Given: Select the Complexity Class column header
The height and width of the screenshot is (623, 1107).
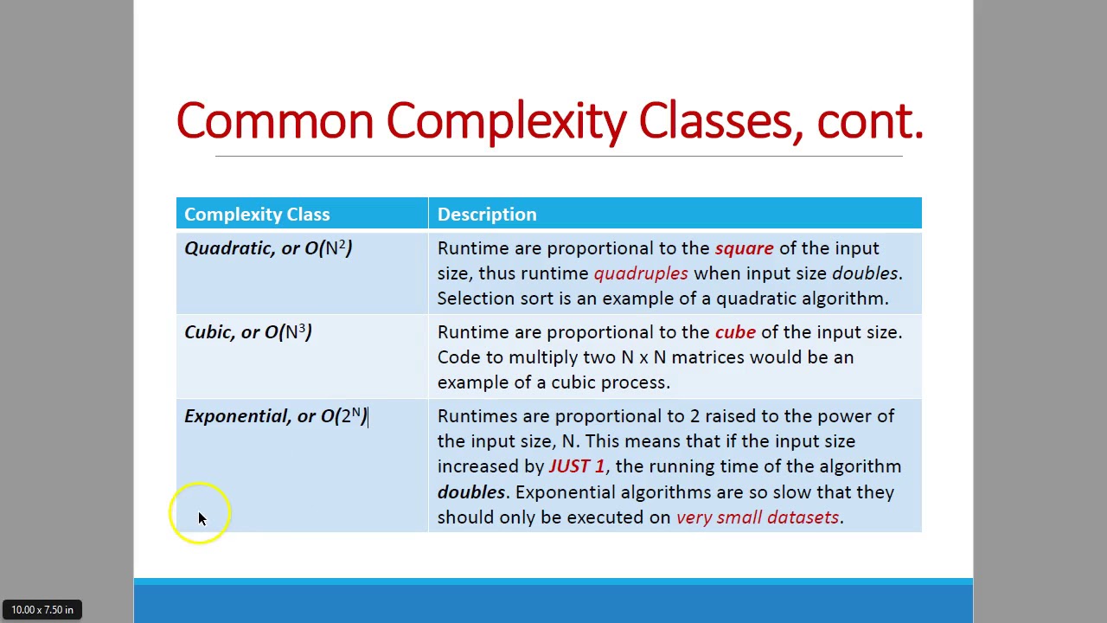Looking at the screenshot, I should (257, 215).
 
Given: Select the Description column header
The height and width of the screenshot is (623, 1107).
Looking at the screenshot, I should (487, 215).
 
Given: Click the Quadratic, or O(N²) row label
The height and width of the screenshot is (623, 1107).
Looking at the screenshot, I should (268, 248).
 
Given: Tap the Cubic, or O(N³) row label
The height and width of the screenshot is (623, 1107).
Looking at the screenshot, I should (248, 332).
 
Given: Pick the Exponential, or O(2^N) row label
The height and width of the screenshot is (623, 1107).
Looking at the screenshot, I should (275, 416).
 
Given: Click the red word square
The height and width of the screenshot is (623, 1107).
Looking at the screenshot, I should (744, 248).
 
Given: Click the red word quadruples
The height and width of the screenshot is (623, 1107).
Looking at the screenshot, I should (641, 273).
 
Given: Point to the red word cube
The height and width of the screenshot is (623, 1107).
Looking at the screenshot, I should (735, 332).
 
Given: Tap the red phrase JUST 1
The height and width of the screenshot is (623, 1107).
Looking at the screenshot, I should (576, 466).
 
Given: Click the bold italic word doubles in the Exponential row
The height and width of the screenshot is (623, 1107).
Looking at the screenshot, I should (470, 492).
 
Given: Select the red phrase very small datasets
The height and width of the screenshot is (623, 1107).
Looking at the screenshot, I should (757, 517).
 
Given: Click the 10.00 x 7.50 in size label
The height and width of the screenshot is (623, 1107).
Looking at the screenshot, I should (42, 610).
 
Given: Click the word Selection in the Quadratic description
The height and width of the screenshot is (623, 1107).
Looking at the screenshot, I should (475, 299).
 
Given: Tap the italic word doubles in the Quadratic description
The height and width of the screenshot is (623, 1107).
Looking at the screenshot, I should (864, 273).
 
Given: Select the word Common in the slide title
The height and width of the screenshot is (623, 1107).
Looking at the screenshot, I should (274, 121).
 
